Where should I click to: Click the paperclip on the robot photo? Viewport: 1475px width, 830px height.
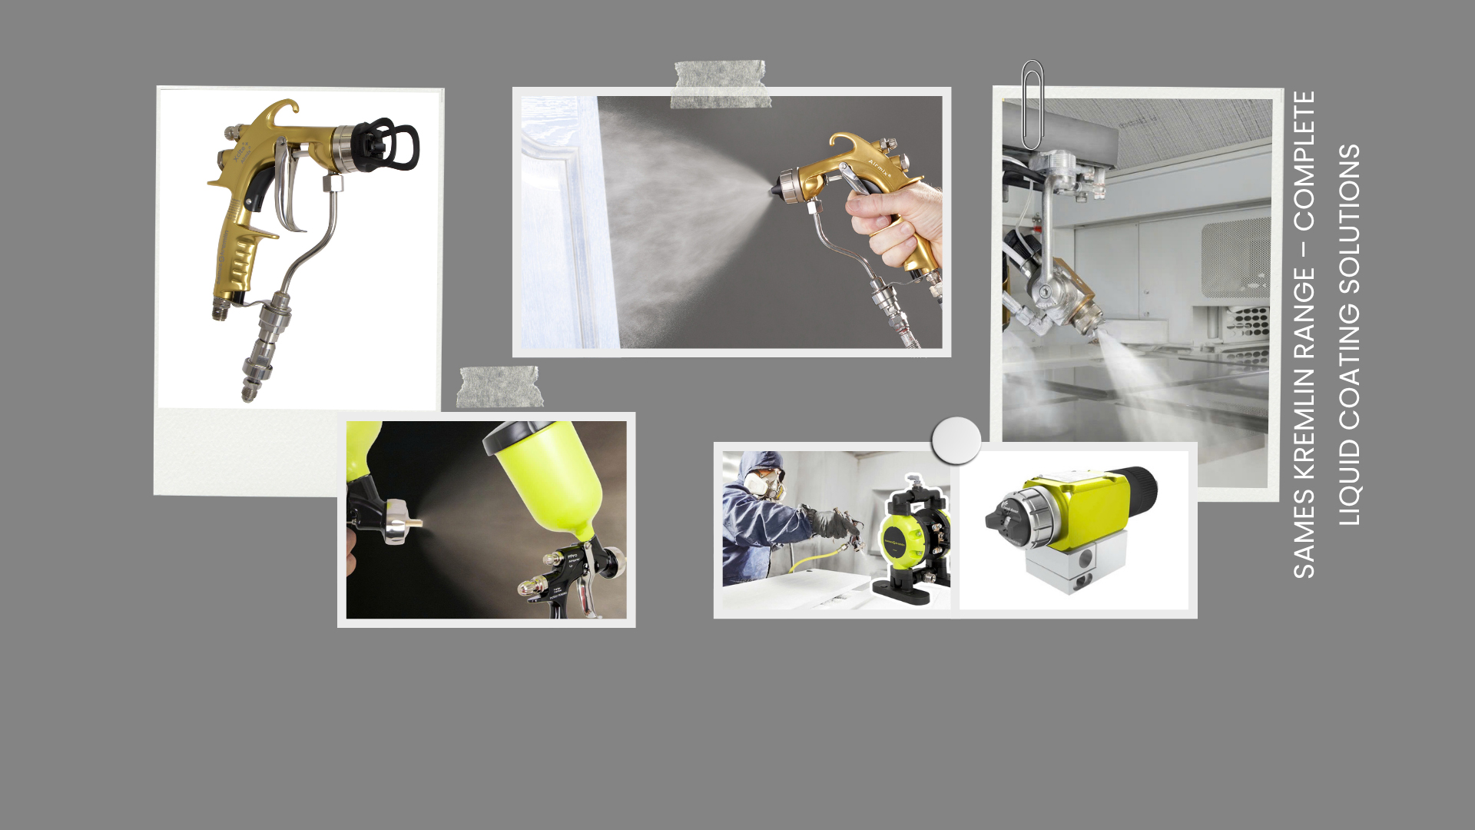1032,105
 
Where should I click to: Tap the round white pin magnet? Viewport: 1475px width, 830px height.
956,440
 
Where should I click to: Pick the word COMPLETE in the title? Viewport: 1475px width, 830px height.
1304,161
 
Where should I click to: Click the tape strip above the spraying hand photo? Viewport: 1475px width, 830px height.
720,84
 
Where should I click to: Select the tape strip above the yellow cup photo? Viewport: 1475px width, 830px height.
499,387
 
